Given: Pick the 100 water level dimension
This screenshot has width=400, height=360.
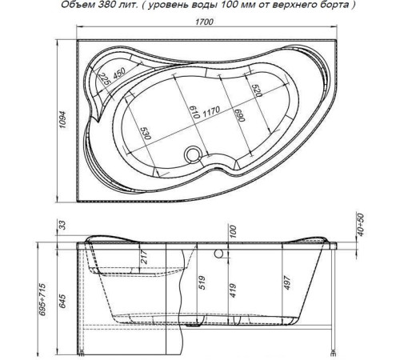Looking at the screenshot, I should coord(232,234).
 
